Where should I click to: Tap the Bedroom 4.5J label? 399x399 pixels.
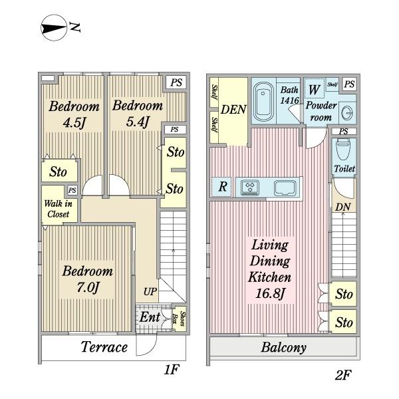(x=74, y=114)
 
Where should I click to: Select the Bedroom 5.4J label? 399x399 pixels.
(x=138, y=114)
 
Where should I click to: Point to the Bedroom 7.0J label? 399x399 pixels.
(x=88, y=279)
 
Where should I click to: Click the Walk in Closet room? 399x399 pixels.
(x=60, y=205)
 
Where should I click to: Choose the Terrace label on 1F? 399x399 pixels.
(x=104, y=347)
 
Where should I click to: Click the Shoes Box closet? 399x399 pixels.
(x=179, y=319)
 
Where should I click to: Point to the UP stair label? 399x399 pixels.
(x=150, y=292)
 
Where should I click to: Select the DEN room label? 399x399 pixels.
(x=233, y=110)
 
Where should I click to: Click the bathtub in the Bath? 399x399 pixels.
(x=263, y=102)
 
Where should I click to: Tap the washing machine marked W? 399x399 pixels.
(x=315, y=88)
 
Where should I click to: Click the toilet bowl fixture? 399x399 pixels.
(x=344, y=149)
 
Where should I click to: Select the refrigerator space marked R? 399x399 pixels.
(x=221, y=187)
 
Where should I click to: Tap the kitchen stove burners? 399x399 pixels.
(x=251, y=188)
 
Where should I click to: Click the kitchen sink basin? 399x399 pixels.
(x=285, y=188)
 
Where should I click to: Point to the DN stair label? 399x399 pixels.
(x=342, y=207)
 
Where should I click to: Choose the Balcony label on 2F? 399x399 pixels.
(x=284, y=347)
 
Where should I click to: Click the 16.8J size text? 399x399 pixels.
(x=270, y=293)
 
